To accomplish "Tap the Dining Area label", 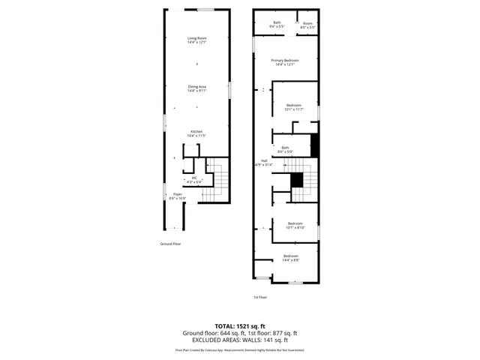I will (197, 88).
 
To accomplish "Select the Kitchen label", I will (196, 133).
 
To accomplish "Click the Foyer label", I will (178, 196).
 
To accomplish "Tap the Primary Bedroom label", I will (285, 61).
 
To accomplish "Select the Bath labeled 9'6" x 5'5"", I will (277, 24).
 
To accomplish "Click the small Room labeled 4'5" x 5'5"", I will (307, 24).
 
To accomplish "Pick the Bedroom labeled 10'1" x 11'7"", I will (293, 106).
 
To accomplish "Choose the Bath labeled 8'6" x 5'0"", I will (285, 149).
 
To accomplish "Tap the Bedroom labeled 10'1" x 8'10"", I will (294, 225).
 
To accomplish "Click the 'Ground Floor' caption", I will (170, 244).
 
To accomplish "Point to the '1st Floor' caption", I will (259, 298).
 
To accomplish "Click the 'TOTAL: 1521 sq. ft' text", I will (240, 325).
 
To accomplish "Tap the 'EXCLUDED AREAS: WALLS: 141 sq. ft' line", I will (240, 340).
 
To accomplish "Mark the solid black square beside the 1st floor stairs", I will (297, 180).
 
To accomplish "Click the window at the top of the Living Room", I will (205, 10).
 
